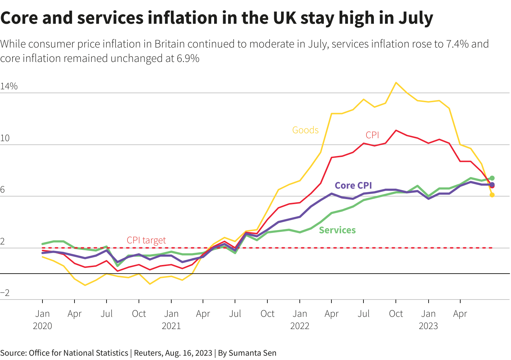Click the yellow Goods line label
(x=305, y=130)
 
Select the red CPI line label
(x=372, y=135)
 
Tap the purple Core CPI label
(x=353, y=185)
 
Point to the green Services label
(x=337, y=230)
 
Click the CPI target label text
(x=146, y=240)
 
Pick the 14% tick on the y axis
(x=9, y=86)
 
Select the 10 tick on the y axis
(x=5, y=139)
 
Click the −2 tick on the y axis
(x=5, y=293)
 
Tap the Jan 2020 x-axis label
(x=42, y=320)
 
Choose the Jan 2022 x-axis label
(x=300, y=320)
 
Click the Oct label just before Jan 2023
(x=396, y=314)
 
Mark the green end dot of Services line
(x=492, y=178)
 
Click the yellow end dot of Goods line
(x=492, y=195)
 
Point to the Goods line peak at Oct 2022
(x=396, y=83)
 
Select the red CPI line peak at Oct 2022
(x=396, y=131)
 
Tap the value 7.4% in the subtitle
(x=457, y=44)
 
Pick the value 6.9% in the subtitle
(x=188, y=58)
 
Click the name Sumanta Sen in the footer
(x=252, y=353)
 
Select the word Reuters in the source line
(x=148, y=353)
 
